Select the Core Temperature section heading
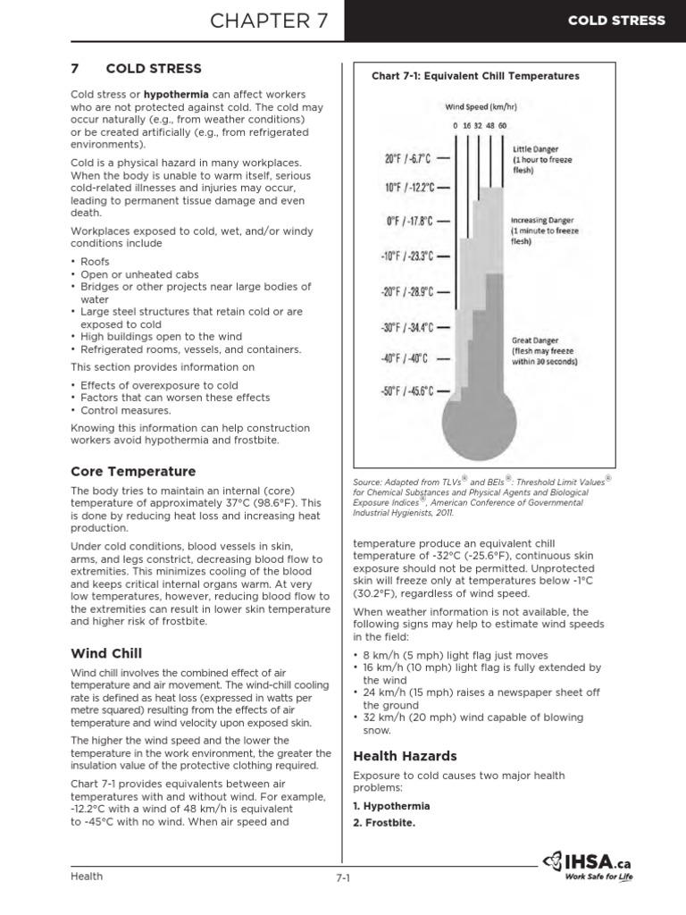(133, 471)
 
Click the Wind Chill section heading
(106, 653)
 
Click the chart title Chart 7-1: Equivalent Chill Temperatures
(475, 76)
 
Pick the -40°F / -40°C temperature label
(406, 358)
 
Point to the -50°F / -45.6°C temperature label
(408, 390)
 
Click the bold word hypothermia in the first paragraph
(183, 95)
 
